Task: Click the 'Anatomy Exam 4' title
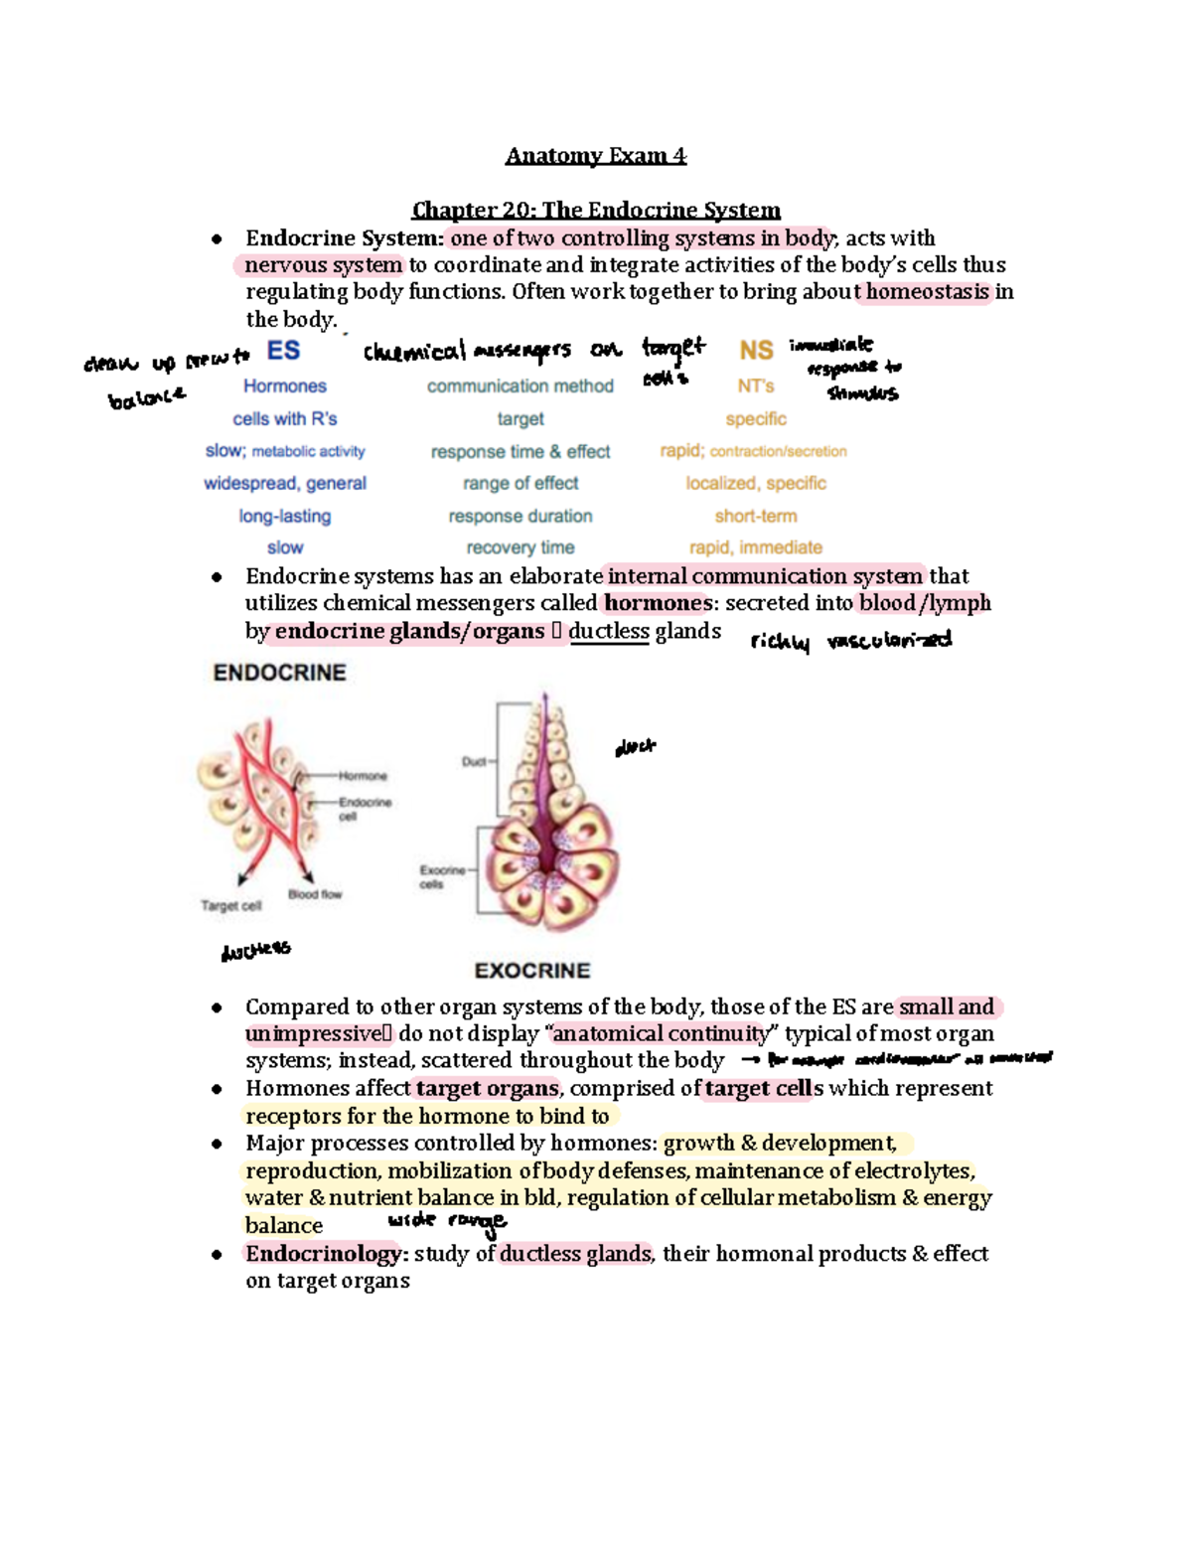click(595, 156)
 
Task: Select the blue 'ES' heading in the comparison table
click(283, 351)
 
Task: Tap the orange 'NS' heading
click(756, 351)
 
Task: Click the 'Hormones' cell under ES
click(285, 386)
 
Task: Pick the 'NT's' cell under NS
click(756, 386)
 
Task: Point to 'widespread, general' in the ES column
click(285, 483)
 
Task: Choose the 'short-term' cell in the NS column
click(756, 516)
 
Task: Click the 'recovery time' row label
click(521, 547)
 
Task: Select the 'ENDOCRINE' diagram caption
click(280, 673)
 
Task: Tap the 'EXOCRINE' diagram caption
click(532, 971)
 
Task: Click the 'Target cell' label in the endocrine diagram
click(230, 905)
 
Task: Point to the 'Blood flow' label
click(315, 894)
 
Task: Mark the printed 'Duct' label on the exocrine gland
click(473, 762)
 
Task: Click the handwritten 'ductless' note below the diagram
click(255, 951)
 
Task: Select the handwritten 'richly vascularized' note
click(851, 641)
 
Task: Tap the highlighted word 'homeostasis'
click(928, 292)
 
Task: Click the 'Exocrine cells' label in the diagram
click(442, 876)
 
